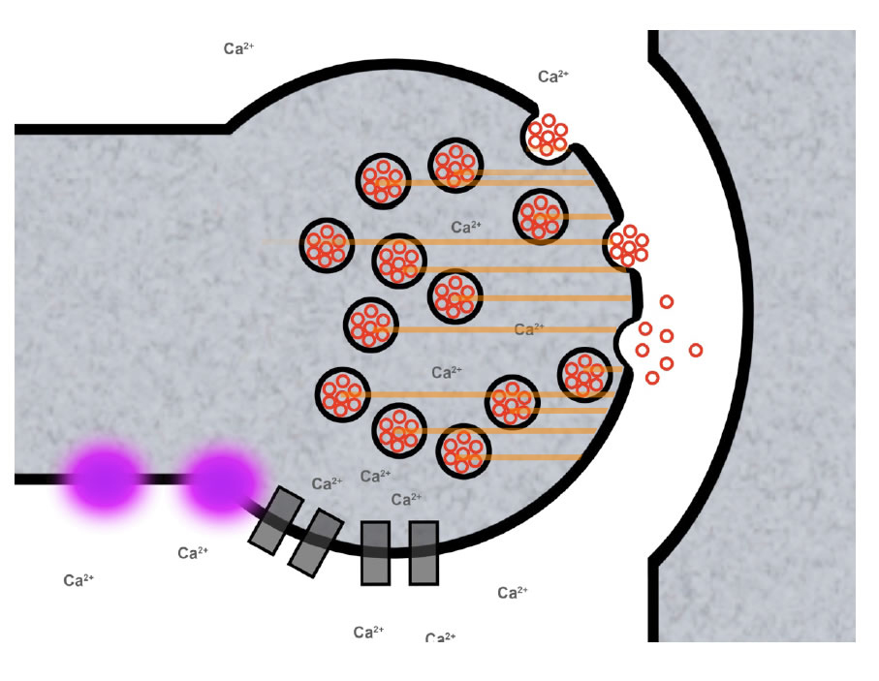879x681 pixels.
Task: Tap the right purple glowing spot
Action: (x=222, y=480)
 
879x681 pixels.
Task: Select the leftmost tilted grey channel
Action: (x=275, y=520)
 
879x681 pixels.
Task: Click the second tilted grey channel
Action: (x=316, y=542)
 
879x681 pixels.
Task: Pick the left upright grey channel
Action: (x=375, y=553)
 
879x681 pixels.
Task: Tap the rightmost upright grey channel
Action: (x=424, y=553)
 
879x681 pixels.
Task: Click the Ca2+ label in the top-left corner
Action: (x=238, y=47)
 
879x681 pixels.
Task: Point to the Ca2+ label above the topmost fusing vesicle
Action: (x=553, y=76)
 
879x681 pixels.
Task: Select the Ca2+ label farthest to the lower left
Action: (x=78, y=580)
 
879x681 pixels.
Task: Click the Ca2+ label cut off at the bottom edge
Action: (x=440, y=637)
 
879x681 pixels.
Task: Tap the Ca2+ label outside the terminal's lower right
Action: (x=513, y=592)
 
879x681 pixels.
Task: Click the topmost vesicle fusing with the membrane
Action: (x=548, y=137)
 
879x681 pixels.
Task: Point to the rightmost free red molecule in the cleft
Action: (x=695, y=350)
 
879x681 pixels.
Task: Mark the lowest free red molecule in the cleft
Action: (x=652, y=377)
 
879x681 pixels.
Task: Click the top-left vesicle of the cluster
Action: (x=384, y=180)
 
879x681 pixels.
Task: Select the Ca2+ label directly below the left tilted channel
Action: (x=193, y=553)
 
